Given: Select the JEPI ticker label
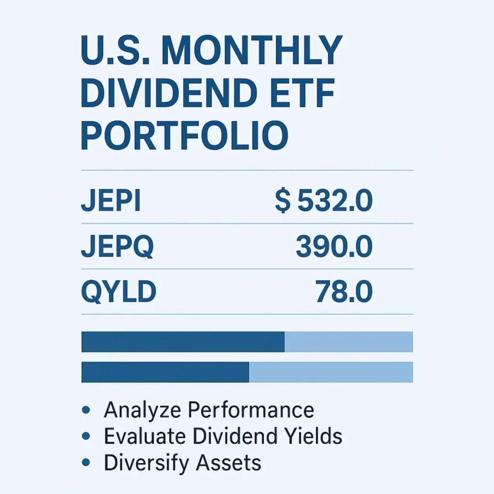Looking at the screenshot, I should point(110,202).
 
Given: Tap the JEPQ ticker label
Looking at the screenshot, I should point(117,247).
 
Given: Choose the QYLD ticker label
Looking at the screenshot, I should point(119,292).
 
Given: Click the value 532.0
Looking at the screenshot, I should point(335,202).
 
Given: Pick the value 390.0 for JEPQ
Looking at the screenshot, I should point(334,247).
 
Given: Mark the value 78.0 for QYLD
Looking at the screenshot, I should point(344,292).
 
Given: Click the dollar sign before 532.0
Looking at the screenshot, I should point(283,202).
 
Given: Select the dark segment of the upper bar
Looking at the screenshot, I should point(183,342).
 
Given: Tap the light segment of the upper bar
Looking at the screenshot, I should point(349,342).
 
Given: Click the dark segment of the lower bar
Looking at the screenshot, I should point(165,372).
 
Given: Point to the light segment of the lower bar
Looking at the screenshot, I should point(331,372).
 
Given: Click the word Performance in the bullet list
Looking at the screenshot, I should point(251,411).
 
